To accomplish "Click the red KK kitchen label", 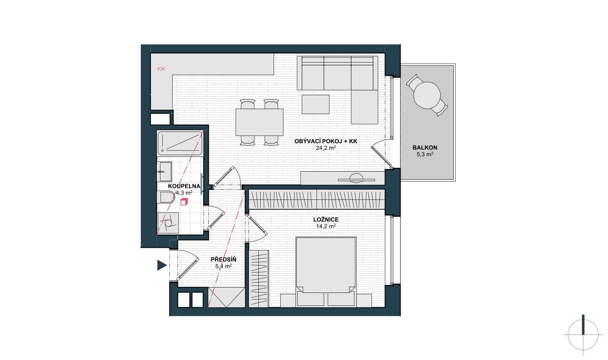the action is coord(161,69).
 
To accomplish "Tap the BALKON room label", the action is coord(425,148).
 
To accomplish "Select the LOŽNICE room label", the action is coord(326,220).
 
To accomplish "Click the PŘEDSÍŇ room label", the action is coord(224,259).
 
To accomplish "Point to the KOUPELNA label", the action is coord(184,186).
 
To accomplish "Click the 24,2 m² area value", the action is coord(326,148).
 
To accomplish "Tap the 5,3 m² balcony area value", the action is coord(425,154).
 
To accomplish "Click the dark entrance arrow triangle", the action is coord(162,265).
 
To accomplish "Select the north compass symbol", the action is coord(583,335).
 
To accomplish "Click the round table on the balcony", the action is coord(427,96).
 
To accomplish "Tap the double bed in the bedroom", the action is coord(326,272).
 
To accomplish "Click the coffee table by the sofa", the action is coord(316,104).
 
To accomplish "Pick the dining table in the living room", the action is coord(259,122).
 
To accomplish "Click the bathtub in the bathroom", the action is coord(180,143).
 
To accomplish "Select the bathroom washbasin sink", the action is coord(165,172).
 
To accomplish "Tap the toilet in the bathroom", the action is coord(166,197).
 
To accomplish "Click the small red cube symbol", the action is coord(184,202).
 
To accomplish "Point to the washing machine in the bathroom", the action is coord(168,223).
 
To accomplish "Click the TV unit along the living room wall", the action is coord(342,178).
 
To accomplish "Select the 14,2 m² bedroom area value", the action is coord(326,226).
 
